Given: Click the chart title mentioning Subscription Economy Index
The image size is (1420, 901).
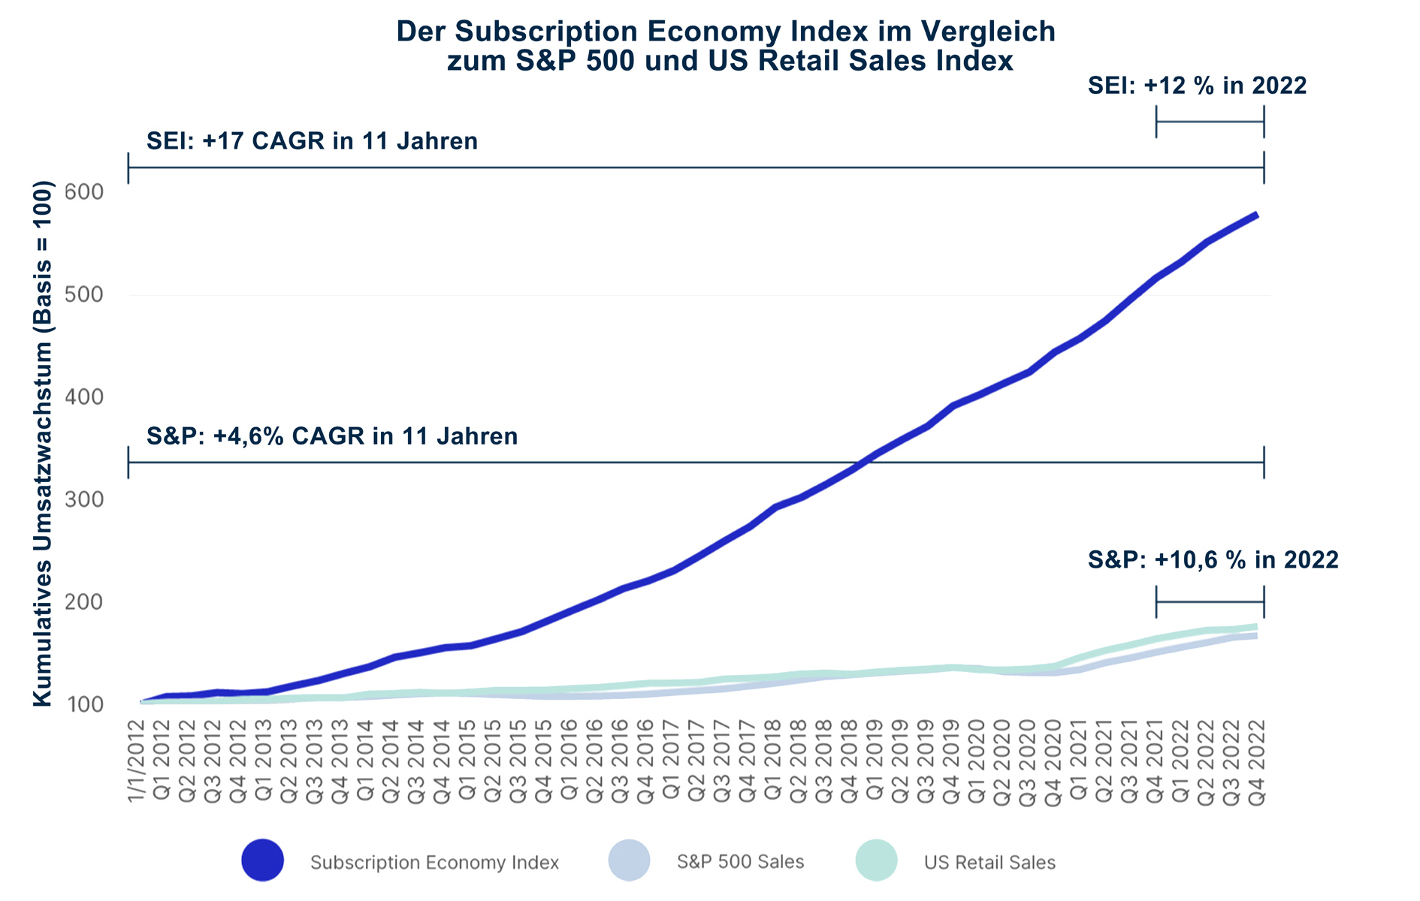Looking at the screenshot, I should pos(726,47).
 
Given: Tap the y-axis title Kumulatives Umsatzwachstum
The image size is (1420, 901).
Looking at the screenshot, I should pos(43,443).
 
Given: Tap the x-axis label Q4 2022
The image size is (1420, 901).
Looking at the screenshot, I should pos(1257,763).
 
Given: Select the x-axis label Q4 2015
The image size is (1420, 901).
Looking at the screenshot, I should pos(544,763).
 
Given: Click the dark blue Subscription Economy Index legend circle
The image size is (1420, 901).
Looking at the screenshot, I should pos(262,860).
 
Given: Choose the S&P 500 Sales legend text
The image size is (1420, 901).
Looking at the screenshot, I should pos(740,862).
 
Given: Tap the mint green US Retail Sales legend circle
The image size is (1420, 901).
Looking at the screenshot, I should pos(876,860).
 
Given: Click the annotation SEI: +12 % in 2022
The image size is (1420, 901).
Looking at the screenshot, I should pos(1197,86).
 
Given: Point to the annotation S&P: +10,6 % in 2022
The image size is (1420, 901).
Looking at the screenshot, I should pos(1213,560).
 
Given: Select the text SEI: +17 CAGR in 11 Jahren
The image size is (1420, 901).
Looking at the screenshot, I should pos(312,141).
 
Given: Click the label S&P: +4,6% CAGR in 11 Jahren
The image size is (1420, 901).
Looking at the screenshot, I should pos(331,436).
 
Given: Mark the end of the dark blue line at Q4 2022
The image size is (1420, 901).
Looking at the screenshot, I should pos(1257,215).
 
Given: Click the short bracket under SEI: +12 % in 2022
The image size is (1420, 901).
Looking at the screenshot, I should pos(1210,122).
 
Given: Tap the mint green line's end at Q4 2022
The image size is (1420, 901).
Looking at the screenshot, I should pos(1257,626).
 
